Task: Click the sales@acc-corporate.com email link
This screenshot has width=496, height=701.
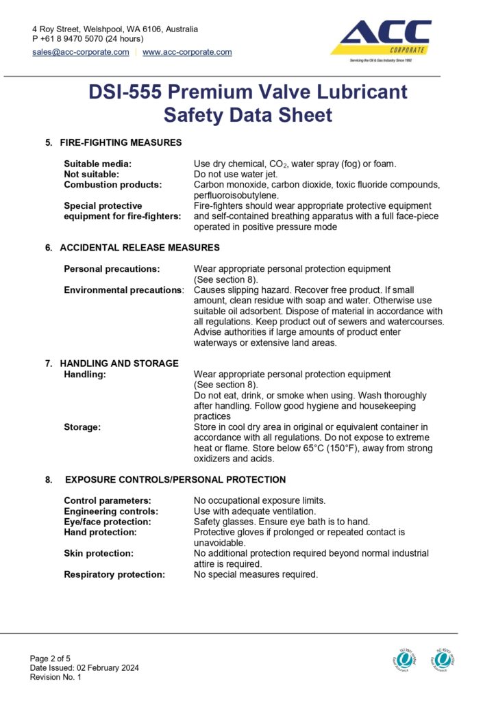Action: click(x=80, y=52)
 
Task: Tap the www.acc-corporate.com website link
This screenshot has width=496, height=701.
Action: click(x=187, y=52)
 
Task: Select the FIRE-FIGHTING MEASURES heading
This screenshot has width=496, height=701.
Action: click(x=121, y=142)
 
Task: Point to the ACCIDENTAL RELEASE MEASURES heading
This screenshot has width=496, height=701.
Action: click(x=140, y=247)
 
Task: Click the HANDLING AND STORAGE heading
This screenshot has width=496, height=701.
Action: click(x=119, y=364)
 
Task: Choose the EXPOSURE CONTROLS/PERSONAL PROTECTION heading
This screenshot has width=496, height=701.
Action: click(x=175, y=480)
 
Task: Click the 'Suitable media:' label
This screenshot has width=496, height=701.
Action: click(x=97, y=164)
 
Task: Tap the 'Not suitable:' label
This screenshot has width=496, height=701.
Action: click(x=92, y=174)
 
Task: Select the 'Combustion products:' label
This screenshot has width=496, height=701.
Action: click(x=113, y=185)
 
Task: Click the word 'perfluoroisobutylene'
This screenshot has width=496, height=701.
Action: click(x=233, y=195)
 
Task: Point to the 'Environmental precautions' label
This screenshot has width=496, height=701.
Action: click(x=123, y=290)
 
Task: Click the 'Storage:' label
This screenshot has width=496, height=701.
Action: click(x=82, y=427)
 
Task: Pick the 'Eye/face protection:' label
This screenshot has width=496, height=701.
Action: click(x=107, y=522)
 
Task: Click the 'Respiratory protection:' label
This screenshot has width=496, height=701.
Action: click(x=114, y=574)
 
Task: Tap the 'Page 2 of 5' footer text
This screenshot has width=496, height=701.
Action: click(x=53, y=658)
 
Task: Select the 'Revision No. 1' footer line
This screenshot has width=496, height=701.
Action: click(x=55, y=677)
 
